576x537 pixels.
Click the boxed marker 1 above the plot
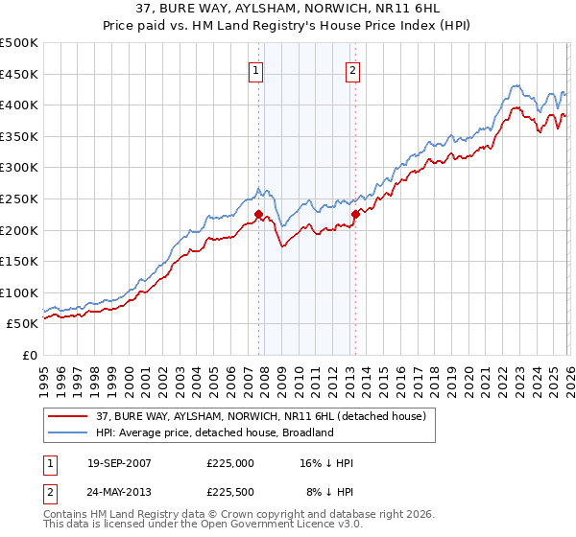coord(257,69)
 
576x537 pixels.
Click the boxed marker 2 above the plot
coord(353,69)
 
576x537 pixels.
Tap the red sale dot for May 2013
coord(355,214)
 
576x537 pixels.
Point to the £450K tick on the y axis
coord(19,74)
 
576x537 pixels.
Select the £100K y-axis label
coord(19,292)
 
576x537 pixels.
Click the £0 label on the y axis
coord(29,355)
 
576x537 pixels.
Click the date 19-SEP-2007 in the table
coord(119,463)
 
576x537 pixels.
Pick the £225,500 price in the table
coord(230,492)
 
